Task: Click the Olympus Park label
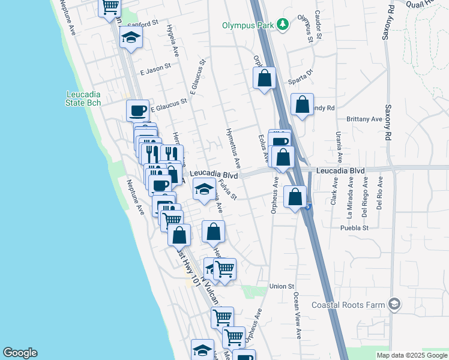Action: pos(247,25)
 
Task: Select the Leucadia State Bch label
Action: pos(83,98)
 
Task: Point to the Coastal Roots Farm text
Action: pos(348,305)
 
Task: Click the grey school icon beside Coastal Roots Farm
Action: pos(394,305)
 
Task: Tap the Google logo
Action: pos(20,353)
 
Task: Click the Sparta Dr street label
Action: pos(301,76)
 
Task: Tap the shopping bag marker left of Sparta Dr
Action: pos(264,78)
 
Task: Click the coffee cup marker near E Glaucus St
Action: pos(137,110)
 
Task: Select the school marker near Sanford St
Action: pos(130,38)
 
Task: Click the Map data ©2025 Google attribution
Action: pos(412,355)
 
